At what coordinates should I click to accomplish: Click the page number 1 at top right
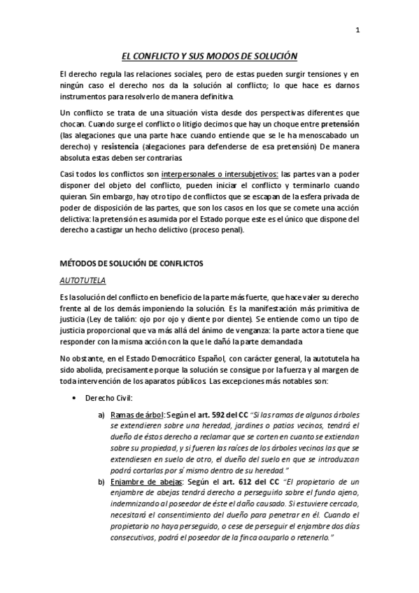[x=357, y=29]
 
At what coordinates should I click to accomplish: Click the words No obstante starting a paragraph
[x=80, y=359]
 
